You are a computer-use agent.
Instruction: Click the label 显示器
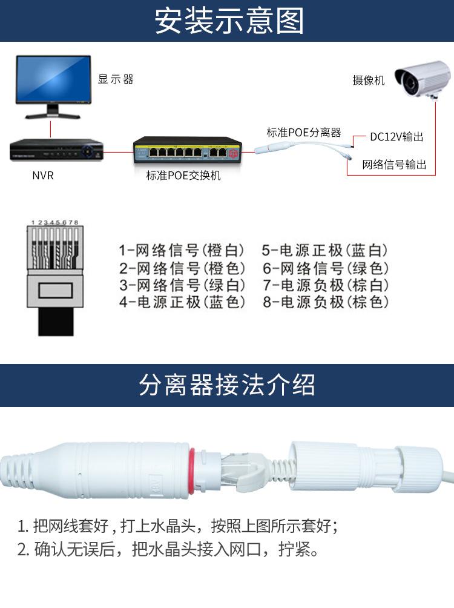116,79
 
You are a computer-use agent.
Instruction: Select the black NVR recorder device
57,150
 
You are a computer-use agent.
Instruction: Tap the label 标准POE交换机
183,176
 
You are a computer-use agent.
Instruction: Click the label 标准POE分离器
304,132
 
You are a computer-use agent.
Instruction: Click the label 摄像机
369,80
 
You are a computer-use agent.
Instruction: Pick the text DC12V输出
396,137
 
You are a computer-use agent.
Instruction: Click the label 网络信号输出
394,164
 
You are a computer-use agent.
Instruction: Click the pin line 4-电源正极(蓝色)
182,302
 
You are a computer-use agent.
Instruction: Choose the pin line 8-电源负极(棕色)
326,302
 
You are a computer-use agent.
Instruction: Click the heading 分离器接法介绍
227,385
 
